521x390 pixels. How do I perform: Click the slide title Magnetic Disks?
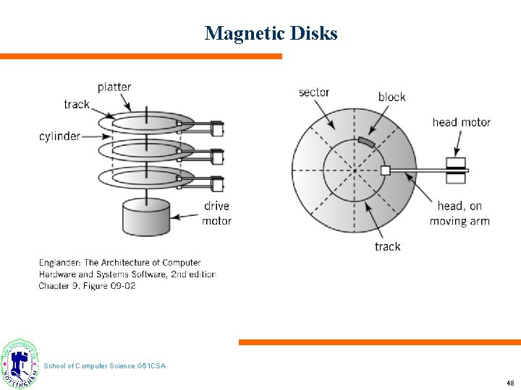click(271, 33)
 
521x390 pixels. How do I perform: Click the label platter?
click(114, 87)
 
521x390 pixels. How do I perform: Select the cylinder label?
click(60, 136)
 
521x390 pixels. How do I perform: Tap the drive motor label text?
click(216, 213)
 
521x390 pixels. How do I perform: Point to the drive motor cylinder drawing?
click(145, 217)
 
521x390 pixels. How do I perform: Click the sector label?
click(314, 92)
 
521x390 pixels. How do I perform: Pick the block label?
click(391, 97)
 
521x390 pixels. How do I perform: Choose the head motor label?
click(462, 122)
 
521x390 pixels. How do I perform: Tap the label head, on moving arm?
click(459, 214)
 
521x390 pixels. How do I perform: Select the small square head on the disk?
click(385, 170)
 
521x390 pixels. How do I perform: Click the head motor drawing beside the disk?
click(455, 171)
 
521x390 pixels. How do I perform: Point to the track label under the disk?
click(387, 247)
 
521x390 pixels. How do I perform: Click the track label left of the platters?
click(77, 105)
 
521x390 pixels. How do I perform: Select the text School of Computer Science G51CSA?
click(105, 366)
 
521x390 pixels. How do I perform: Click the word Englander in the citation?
click(62, 262)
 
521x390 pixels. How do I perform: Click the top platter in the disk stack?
click(152, 123)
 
